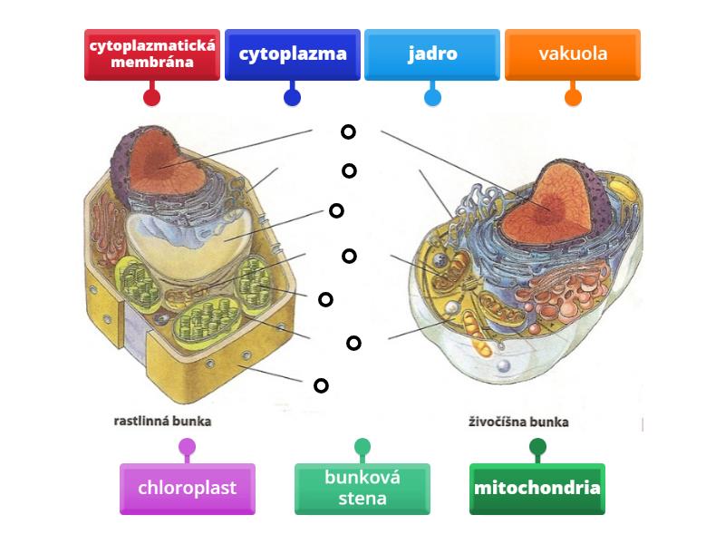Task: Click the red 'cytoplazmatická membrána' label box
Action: (152, 54)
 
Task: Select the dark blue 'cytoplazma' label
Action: (293, 54)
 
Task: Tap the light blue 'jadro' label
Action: (432, 54)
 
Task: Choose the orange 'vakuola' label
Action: (573, 54)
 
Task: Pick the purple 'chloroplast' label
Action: (188, 489)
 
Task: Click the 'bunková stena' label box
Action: (362, 489)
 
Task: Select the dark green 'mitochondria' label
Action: (537, 489)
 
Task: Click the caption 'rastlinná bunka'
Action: (163, 421)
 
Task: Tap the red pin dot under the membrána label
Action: (152, 96)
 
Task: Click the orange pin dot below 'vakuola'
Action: (573, 96)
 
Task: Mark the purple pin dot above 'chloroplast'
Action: (188, 446)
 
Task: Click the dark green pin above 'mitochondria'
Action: (537, 446)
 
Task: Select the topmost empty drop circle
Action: (348, 131)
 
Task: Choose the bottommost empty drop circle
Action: (321, 385)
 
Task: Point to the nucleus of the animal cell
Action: (548, 204)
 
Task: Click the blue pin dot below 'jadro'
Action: (432, 96)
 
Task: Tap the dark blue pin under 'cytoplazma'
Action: (293, 96)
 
